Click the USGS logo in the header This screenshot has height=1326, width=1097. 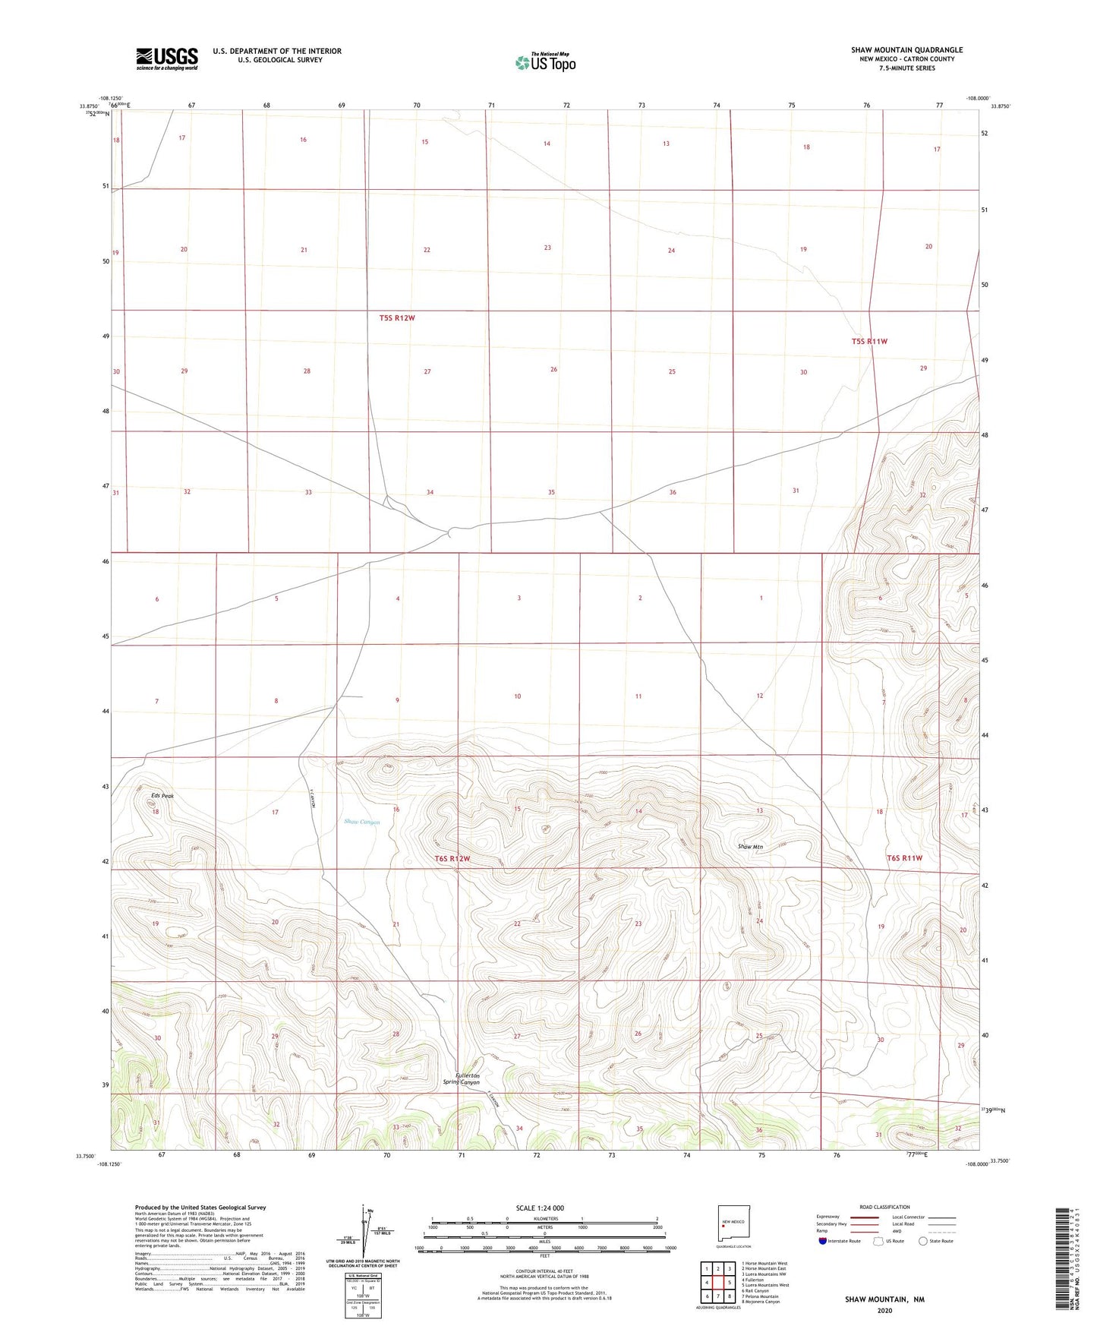(x=167, y=58)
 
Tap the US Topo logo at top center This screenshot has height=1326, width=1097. (x=544, y=62)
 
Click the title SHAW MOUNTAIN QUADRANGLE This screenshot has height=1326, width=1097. (x=906, y=50)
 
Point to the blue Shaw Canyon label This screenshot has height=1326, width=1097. (x=361, y=822)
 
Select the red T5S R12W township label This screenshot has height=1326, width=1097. (x=397, y=318)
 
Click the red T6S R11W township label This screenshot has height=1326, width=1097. (x=904, y=858)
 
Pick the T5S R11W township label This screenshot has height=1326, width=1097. (x=869, y=342)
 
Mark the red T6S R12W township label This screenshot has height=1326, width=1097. (x=452, y=859)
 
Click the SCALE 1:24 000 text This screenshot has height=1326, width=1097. (x=540, y=1208)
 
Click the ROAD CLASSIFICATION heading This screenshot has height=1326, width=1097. (x=884, y=1207)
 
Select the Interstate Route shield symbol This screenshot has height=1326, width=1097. (x=824, y=1242)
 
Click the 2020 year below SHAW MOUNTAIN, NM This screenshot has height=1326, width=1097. (x=884, y=1310)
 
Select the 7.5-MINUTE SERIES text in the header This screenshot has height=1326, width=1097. (x=906, y=68)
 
